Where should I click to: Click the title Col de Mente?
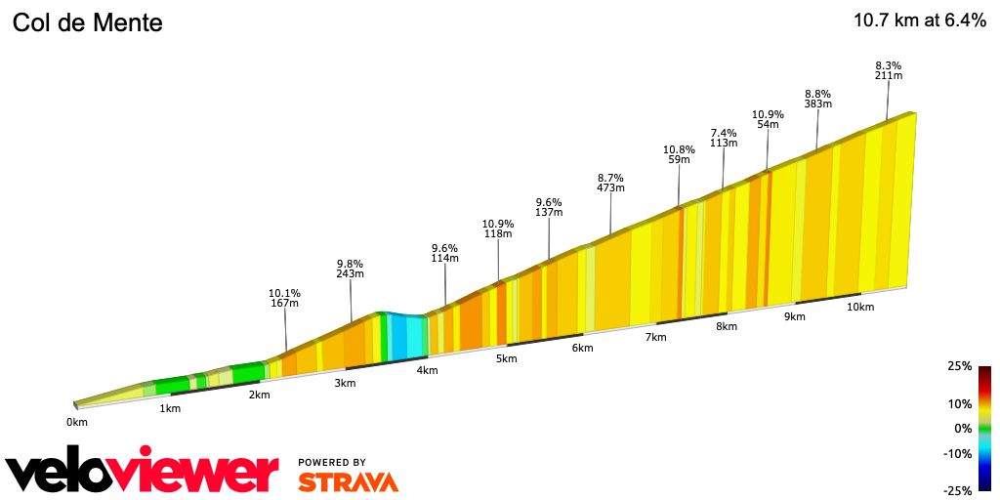coord(87,22)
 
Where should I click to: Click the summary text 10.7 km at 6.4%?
coord(919,21)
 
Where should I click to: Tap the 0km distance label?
coord(77,422)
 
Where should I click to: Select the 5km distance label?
coord(506,358)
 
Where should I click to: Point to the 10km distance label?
coord(859,307)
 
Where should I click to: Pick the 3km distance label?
coord(345,383)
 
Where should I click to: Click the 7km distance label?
coord(655,337)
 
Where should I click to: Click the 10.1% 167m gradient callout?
coord(284,298)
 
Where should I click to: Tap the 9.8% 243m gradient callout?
coord(350,269)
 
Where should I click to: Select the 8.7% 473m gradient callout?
coord(610,184)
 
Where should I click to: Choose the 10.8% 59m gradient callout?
coord(679,155)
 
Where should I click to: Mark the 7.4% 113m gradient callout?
coord(724,138)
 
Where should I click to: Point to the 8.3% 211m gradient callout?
coord(889,69)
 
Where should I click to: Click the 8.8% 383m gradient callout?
coord(817,99)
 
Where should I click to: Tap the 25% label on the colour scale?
coord(959,366)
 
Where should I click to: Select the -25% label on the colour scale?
coord(957,490)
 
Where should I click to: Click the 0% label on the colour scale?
coord(963,428)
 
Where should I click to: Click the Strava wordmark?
coord(348,481)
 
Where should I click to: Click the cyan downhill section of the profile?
coord(407,335)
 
